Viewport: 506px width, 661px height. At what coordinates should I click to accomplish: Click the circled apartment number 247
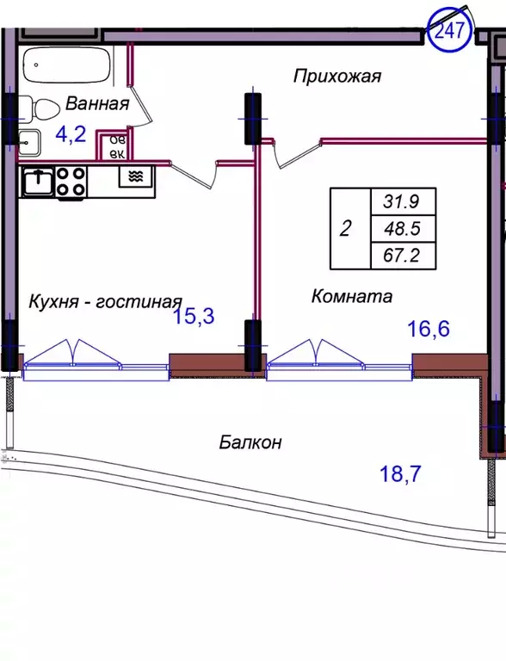pos(450,31)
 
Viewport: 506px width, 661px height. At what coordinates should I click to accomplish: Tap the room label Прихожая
pos(336,77)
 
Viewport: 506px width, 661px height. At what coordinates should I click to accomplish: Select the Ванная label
pos(96,104)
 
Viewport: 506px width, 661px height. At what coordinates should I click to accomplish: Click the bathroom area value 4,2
pos(72,133)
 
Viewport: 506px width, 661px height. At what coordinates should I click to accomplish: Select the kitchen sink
pos(37,181)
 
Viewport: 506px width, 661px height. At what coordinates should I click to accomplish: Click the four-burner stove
pos(71,182)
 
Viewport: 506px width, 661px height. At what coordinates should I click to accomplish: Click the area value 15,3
pos(193,316)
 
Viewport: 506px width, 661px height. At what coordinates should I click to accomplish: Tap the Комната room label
pos(351,297)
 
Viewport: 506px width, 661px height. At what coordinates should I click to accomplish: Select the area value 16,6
pos(429,327)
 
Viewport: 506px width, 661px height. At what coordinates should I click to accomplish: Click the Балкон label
pos(250,442)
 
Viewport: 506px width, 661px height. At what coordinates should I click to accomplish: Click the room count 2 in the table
pos(346,229)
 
